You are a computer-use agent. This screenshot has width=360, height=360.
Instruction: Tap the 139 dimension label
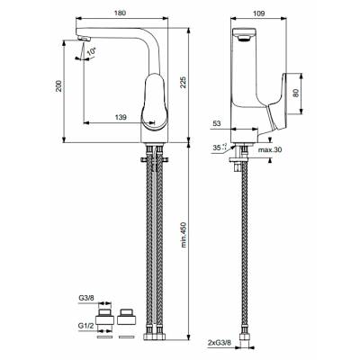coord(120,118)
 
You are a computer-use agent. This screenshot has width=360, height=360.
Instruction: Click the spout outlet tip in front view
coord(85,37)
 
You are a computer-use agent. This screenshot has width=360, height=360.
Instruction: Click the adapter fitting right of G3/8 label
coord(126,318)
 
